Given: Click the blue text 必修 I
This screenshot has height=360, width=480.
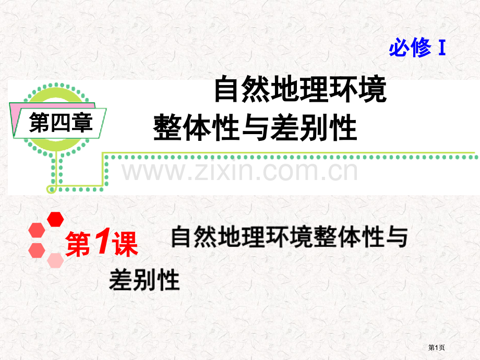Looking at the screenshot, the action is click(417, 48).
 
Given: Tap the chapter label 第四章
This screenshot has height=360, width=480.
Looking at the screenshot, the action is click(61, 123).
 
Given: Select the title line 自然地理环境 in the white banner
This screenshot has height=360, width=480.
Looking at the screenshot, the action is click(301, 89).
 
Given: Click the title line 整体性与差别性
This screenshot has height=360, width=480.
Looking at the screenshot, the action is click(255, 127).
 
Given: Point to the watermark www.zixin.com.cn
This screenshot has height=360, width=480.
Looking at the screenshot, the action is click(239, 171).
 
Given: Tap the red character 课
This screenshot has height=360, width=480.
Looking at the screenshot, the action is click(125, 244).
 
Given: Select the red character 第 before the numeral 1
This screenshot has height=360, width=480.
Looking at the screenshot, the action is click(78, 244).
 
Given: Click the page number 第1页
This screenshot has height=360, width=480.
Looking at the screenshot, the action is click(436, 347).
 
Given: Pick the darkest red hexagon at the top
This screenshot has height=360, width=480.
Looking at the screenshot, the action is click(55, 219).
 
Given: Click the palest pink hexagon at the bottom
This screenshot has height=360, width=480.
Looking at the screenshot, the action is click(55, 260).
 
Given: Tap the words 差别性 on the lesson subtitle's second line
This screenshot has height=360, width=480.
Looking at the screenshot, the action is click(144, 280).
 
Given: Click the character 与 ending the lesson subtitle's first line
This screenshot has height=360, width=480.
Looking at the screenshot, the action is click(397, 237).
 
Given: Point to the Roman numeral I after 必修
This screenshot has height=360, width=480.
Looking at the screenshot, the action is click(442, 48).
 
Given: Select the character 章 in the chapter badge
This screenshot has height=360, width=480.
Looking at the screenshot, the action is click(82, 123).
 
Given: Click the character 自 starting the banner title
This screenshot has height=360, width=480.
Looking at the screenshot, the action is click(226, 89).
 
